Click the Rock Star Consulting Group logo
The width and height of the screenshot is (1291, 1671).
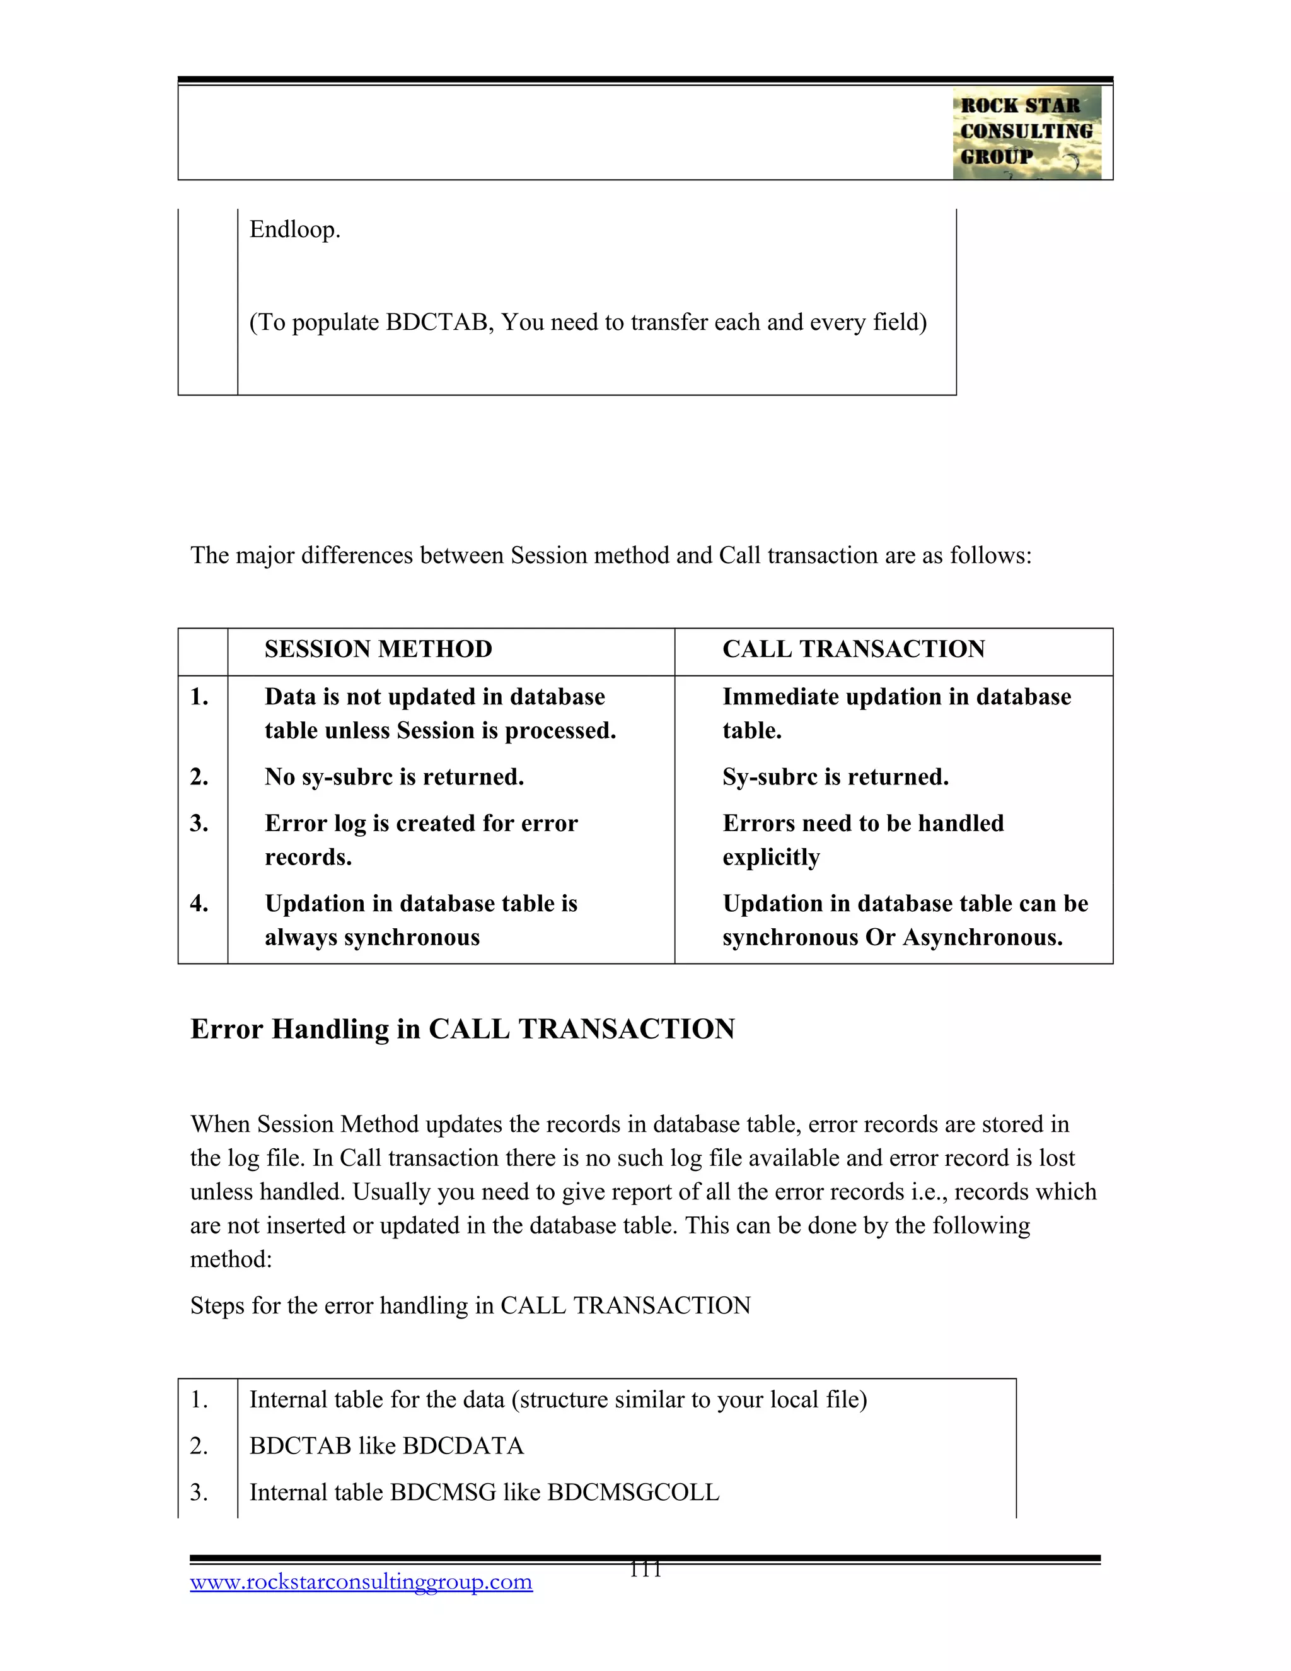1026,132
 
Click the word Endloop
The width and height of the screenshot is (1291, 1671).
294,230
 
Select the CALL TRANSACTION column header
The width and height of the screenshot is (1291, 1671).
854,649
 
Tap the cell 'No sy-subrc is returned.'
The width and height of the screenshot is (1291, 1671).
394,777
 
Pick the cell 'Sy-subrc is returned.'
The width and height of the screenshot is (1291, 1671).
835,777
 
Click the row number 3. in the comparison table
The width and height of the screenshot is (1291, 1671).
199,824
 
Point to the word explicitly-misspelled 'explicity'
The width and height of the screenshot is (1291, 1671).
771,858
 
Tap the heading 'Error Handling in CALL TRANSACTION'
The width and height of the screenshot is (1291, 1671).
462,1029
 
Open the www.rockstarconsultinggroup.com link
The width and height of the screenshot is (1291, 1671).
361,1581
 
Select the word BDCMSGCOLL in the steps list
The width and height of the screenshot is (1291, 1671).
634,1492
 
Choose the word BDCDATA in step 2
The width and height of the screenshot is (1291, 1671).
463,1445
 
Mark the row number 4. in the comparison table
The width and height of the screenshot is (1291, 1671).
199,904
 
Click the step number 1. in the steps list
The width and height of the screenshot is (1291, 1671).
199,1399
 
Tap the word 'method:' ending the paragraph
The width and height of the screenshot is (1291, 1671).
231,1259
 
